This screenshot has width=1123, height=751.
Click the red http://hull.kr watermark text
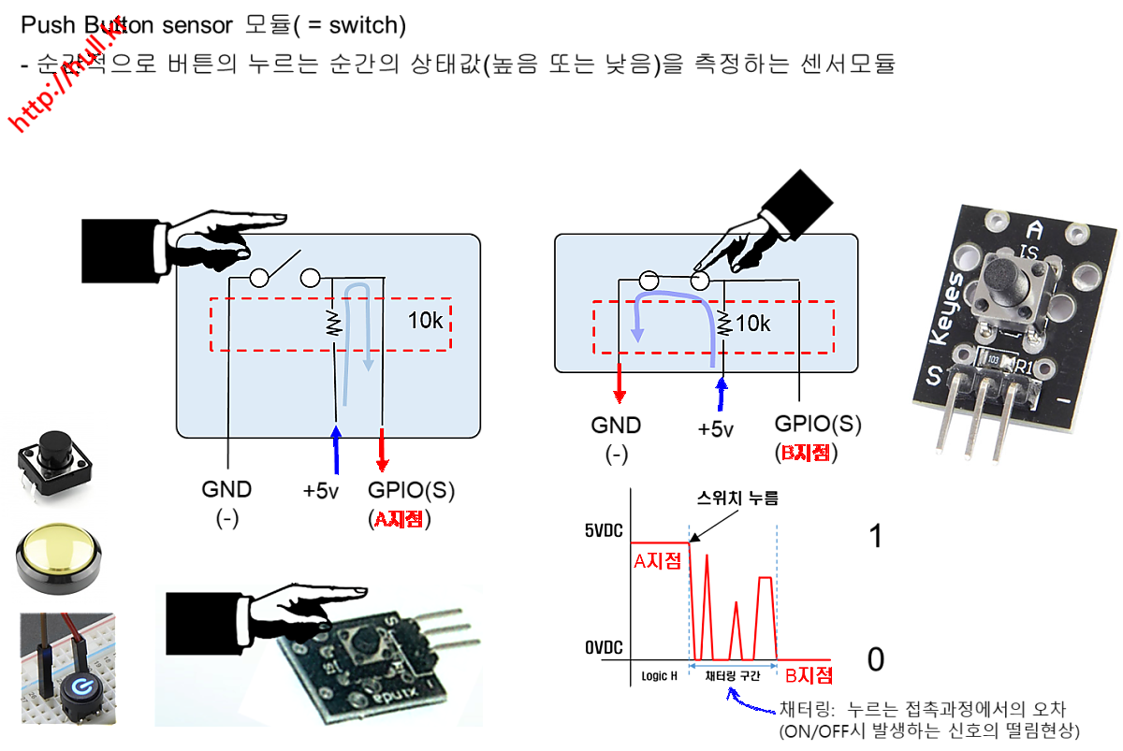coord(67,74)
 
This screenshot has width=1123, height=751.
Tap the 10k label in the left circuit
coord(425,320)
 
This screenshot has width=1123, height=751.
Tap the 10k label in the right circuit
coord(753,324)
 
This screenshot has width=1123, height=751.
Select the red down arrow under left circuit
coord(381,451)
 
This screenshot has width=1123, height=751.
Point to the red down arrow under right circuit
coord(619,384)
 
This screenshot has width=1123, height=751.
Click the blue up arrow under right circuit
coord(721,393)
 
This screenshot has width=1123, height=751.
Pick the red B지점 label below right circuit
coord(805,454)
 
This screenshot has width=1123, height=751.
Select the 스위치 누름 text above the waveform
coord(737,498)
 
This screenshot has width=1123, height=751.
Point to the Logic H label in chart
coord(659,675)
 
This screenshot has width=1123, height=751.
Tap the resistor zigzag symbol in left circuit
coord(332,324)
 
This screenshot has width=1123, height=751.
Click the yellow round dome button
coord(59,562)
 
